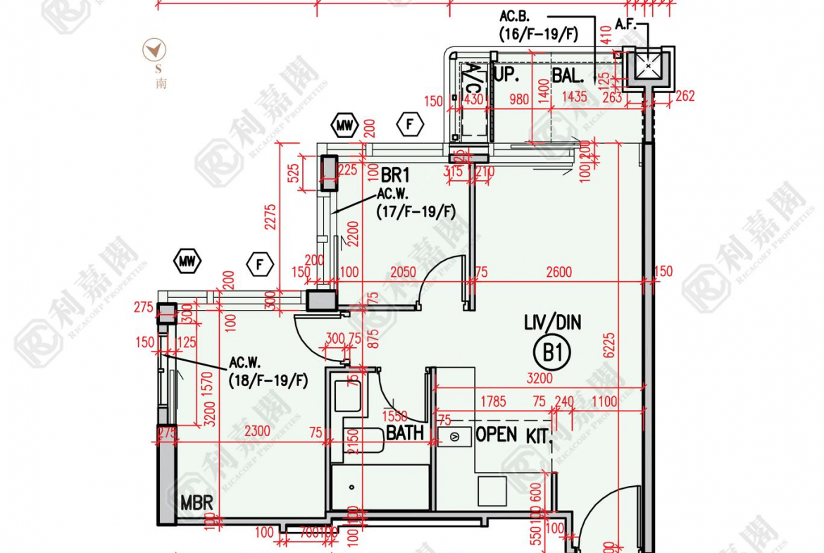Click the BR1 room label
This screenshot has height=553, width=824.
[x=395, y=175]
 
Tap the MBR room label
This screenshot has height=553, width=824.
[x=196, y=504]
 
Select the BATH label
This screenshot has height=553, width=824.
[x=405, y=433]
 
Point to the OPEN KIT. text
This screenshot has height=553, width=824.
[x=513, y=435]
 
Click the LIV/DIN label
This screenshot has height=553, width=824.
[x=553, y=323]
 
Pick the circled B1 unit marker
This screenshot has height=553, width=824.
[x=553, y=352]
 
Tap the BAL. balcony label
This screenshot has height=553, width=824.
[x=568, y=75]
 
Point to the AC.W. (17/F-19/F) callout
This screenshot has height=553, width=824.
[x=416, y=202]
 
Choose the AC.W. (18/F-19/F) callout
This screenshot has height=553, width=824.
[x=268, y=372]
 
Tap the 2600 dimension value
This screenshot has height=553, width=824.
[x=558, y=272]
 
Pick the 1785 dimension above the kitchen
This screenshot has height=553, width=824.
[x=492, y=402]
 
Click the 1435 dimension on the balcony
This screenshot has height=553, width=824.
[x=575, y=97]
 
